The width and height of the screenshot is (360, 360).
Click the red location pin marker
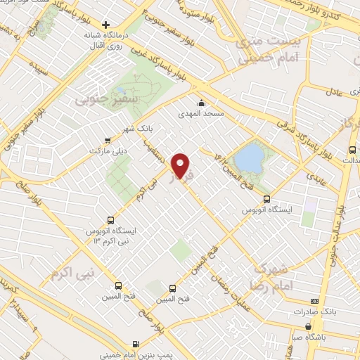pos(181,165)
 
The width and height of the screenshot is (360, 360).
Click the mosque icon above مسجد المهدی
pos(201,102)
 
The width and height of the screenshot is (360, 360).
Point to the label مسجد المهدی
pos(201,112)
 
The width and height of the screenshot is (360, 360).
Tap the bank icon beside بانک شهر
pos(107,139)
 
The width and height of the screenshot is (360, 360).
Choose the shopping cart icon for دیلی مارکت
pos(107,139)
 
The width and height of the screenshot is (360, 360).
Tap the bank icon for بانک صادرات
pos(309,300)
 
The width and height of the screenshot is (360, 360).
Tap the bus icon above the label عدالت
pos(352,149)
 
